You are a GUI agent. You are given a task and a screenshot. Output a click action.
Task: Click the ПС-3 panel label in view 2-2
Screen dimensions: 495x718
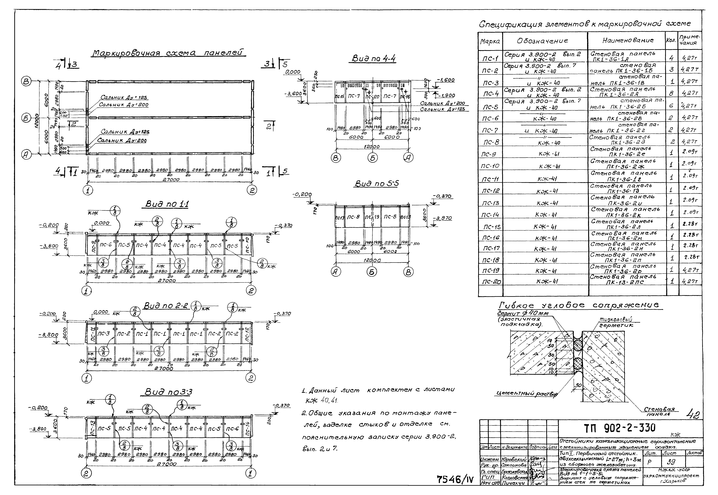104,334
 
